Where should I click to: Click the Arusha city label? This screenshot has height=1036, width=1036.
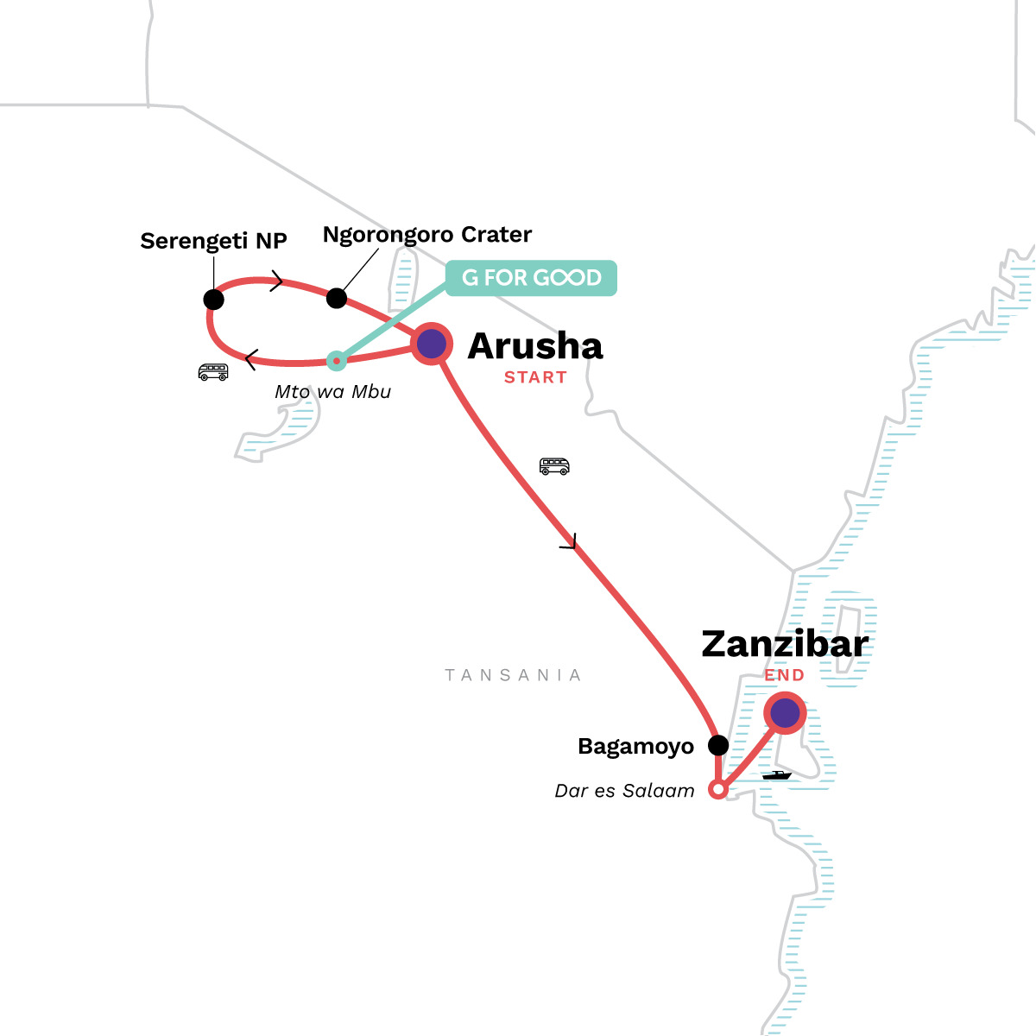535,346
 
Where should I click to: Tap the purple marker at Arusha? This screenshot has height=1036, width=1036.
432,344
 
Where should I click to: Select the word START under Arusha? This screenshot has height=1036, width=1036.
535,377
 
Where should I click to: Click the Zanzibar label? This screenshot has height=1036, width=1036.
784,644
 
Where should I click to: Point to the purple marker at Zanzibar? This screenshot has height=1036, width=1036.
785,713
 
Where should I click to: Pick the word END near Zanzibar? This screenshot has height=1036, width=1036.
784,675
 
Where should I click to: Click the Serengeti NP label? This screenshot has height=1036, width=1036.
213,241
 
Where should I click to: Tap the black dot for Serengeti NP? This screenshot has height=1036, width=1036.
214,300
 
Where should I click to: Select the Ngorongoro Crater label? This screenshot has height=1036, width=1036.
426,235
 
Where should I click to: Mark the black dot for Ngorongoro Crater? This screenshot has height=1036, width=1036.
337,299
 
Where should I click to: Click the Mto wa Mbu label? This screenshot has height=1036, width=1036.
332,392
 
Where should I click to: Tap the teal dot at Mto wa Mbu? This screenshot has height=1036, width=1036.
336,360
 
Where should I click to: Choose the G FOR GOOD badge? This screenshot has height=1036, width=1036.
531,278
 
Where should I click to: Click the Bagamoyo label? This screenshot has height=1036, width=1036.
635,747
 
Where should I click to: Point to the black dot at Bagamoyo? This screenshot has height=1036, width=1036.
718,745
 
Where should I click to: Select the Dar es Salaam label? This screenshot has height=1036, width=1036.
624,791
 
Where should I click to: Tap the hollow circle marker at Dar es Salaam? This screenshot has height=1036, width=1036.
717,789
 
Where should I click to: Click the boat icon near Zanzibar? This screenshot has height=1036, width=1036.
776,775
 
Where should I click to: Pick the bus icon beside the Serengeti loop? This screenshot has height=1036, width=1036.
213,372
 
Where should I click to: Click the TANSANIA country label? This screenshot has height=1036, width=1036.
513,675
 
